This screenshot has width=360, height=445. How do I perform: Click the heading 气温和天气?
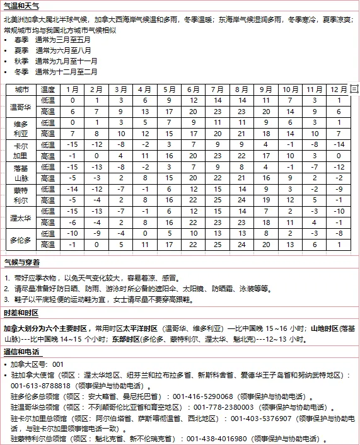[21, 6]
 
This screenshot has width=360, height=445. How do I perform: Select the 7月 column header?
[218, 90]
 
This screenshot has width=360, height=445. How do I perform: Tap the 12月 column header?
[339, 90]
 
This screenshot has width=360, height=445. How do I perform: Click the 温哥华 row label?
[21, 106]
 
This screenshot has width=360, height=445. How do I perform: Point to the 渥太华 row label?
[21, 217]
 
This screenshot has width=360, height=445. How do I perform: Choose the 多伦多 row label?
[21, 240]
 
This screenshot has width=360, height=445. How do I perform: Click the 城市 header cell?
[21, 90]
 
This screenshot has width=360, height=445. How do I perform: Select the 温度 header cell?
[49, 90]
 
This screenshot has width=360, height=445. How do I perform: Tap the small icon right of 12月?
[354, 90]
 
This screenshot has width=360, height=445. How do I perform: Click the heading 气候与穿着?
[21, 262]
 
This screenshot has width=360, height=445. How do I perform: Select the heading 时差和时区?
[21, 313]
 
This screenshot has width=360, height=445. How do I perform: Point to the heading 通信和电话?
[21, 352]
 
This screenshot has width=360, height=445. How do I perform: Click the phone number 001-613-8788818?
[40, 385]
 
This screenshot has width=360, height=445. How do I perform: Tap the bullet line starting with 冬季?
[57, 72]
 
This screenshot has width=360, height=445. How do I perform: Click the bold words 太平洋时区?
[139, 328]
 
